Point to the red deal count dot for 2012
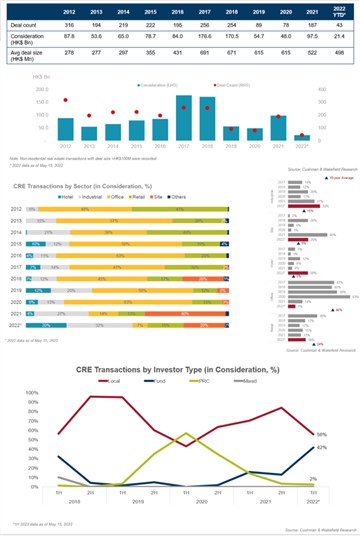(x=65, y=101)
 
